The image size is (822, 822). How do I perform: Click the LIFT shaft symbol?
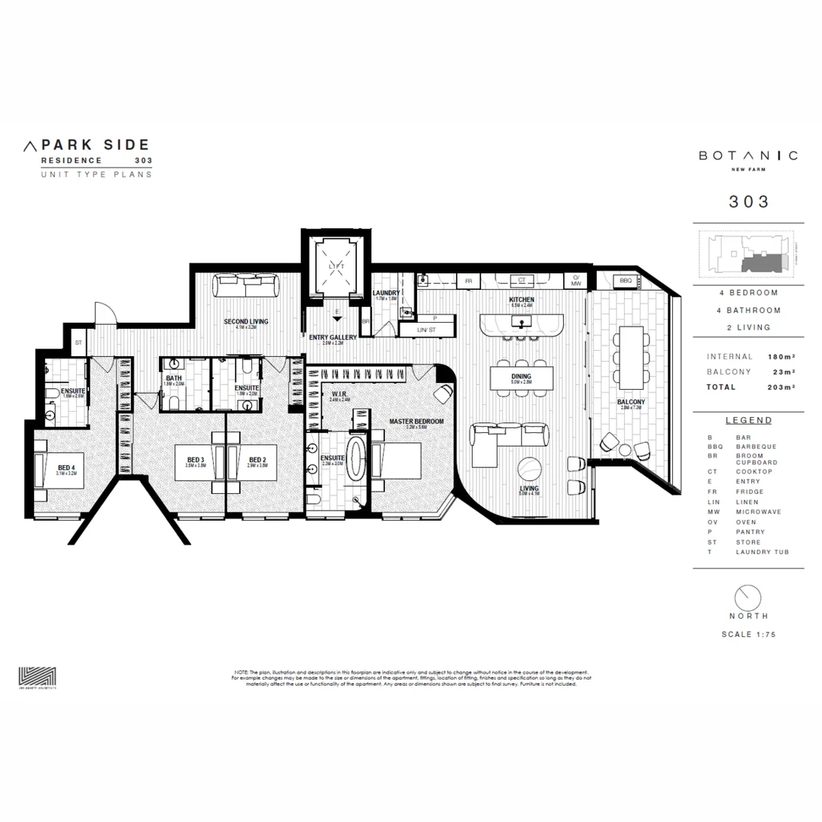click(x=336, y=266)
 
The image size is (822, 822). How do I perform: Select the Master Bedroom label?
click(x=416, y=422)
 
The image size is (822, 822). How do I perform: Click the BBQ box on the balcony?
click(x=626, y=281)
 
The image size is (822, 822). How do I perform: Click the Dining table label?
click(x=521, y=378)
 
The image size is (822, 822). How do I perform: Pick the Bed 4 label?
click(x=67, y=469)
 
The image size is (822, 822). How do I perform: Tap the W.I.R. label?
click(x=339, y=395)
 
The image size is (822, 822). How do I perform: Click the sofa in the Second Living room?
click(x=246, y=286)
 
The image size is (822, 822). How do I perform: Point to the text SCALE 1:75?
click(x=748, y=634)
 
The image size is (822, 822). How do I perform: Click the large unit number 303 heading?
click(x=748, y=202)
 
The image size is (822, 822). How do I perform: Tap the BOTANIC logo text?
click(x=748, y=155)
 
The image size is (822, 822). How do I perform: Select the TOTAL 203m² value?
click(x=782, y=387)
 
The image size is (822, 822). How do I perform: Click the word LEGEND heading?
click(x=748, y=420)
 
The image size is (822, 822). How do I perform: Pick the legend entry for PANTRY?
click(x=754, y=532)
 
